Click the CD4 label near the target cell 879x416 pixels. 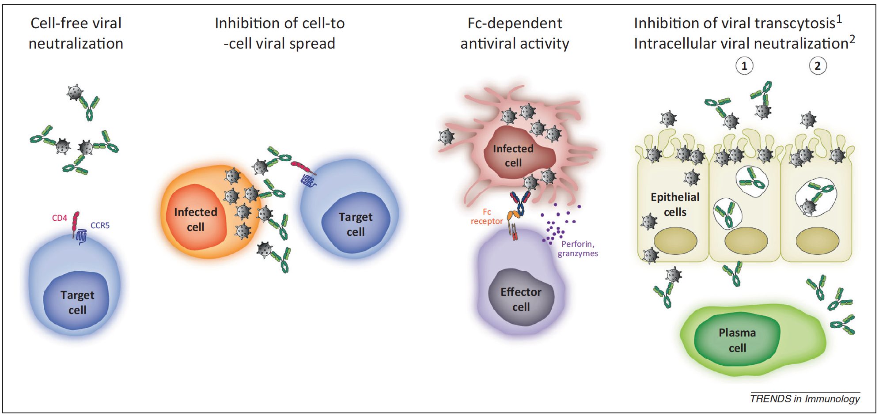59,218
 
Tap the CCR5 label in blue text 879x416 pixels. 100,225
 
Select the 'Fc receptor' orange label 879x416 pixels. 487,216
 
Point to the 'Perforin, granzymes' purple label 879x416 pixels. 578,249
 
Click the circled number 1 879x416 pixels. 744,66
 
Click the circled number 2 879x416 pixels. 818,66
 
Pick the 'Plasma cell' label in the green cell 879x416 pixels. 737,340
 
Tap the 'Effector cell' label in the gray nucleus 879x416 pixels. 521,299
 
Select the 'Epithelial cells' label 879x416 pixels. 675,204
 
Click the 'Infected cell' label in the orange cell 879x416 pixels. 195,219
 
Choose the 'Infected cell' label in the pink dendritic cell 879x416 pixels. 513,156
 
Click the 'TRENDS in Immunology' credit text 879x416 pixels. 805,399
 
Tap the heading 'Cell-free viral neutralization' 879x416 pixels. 76,33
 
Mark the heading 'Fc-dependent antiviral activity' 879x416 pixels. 515,33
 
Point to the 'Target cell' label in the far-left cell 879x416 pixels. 77,303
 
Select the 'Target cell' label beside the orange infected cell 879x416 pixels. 356,224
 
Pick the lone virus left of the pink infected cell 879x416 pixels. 447,137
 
